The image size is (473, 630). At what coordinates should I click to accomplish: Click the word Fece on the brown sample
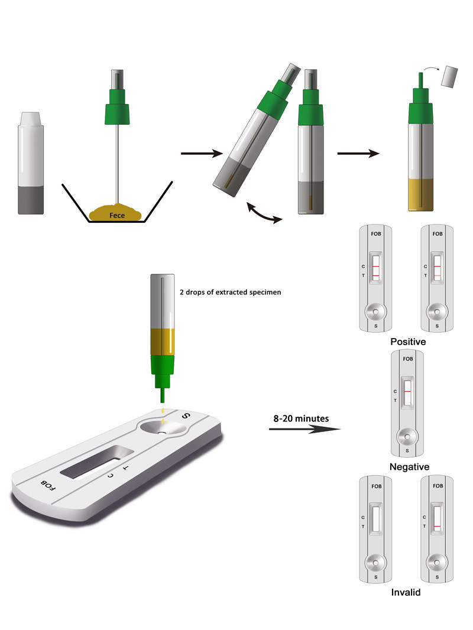tap(117, 215)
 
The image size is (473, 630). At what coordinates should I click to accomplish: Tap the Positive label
tap(408, 342)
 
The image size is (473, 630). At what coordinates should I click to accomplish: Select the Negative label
tap(409, 467)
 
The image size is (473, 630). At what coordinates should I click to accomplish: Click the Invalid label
tap(406, 592)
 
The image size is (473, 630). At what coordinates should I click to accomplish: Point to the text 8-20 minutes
tap(301, 418)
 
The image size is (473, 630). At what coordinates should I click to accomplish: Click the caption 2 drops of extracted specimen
tap(230, 292)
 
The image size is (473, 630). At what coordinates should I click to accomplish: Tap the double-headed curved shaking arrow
tap(264, 213)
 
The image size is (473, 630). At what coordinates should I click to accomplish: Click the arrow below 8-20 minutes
tap(304, 429)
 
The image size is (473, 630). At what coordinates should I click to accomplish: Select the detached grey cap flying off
tap(449, 77)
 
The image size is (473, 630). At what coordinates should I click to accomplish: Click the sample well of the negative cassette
tap(407, 437)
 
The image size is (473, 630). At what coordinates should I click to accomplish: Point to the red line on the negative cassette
tap(407, 391)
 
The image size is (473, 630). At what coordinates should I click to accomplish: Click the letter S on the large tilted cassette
tap(185, 416)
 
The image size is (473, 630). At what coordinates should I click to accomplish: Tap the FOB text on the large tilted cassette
tap(48, 485)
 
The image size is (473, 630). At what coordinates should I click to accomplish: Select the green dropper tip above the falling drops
tap(163, 395)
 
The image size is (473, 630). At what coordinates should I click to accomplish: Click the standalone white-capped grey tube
tap(31, 163)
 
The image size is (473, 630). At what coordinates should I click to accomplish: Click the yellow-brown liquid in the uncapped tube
tap(421, 194)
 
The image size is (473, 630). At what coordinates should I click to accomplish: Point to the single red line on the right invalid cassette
tap(437, 527)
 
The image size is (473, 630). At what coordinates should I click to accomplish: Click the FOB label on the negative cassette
tap(407, 359)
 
